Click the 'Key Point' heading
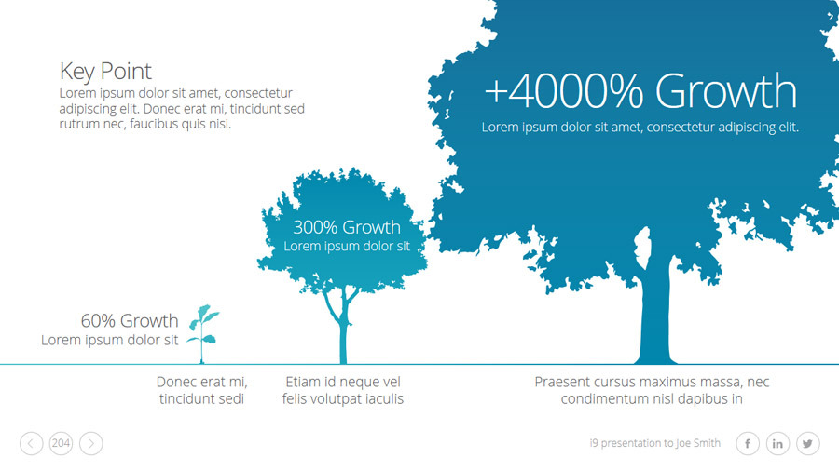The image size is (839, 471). point(105,72)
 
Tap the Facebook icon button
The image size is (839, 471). point(748,443)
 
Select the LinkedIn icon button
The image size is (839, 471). point(777,443)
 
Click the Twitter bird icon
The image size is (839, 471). point(807,443)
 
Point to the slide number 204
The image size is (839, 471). point(61,443)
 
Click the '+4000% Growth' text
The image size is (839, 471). point(640,91)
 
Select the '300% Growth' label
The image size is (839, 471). point(346,227)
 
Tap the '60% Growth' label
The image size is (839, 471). point(130,321)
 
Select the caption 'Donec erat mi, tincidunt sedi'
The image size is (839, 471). point(201,390)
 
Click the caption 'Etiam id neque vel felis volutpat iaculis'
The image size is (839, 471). point(343,390)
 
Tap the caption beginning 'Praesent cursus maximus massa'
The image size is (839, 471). point(652,390)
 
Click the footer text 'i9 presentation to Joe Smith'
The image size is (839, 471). point(655,443)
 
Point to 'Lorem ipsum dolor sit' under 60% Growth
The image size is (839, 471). point(110,340)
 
